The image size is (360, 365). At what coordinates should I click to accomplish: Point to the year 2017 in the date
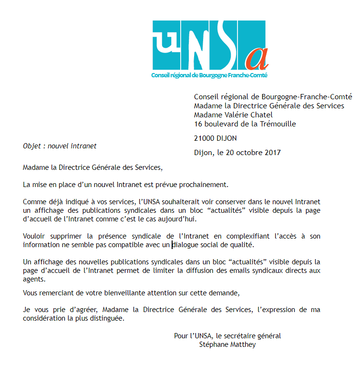click(x=272, y=153)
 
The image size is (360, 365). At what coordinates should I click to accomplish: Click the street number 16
click(x=198, y=124)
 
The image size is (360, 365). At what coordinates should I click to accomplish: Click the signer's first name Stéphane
click(x=213, y=344)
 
